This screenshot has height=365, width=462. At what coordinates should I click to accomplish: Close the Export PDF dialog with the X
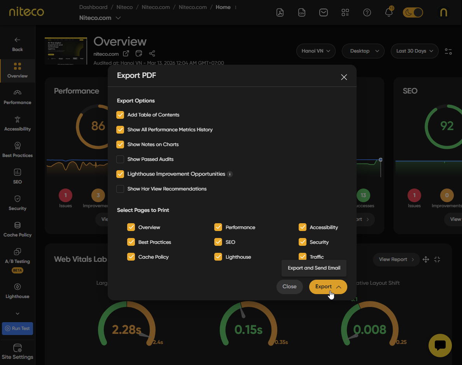344,77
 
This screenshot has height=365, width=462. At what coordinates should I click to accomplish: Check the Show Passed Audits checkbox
120,159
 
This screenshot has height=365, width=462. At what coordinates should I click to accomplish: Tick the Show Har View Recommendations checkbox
120,189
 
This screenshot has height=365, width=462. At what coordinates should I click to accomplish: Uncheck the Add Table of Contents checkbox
120,115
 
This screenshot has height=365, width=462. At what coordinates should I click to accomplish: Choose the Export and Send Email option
314,268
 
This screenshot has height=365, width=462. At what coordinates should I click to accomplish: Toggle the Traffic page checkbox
303,257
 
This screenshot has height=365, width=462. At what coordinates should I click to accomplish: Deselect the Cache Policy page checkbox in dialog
131,257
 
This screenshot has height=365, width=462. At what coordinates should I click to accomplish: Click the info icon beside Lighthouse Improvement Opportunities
230,174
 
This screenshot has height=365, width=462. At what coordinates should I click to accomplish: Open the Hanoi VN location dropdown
316,51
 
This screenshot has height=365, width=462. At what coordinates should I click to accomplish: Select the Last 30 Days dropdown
415,51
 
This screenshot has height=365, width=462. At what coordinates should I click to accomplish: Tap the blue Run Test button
17,328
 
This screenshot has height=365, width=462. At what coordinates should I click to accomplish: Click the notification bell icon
388,12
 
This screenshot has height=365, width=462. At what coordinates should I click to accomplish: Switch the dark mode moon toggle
413,12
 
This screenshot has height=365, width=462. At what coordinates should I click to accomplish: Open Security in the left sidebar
17,203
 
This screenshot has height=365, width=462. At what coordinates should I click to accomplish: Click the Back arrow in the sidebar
17,44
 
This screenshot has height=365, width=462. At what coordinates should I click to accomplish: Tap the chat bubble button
440,345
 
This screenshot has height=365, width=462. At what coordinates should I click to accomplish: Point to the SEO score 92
447,126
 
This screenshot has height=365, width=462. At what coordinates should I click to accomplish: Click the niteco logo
26,12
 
